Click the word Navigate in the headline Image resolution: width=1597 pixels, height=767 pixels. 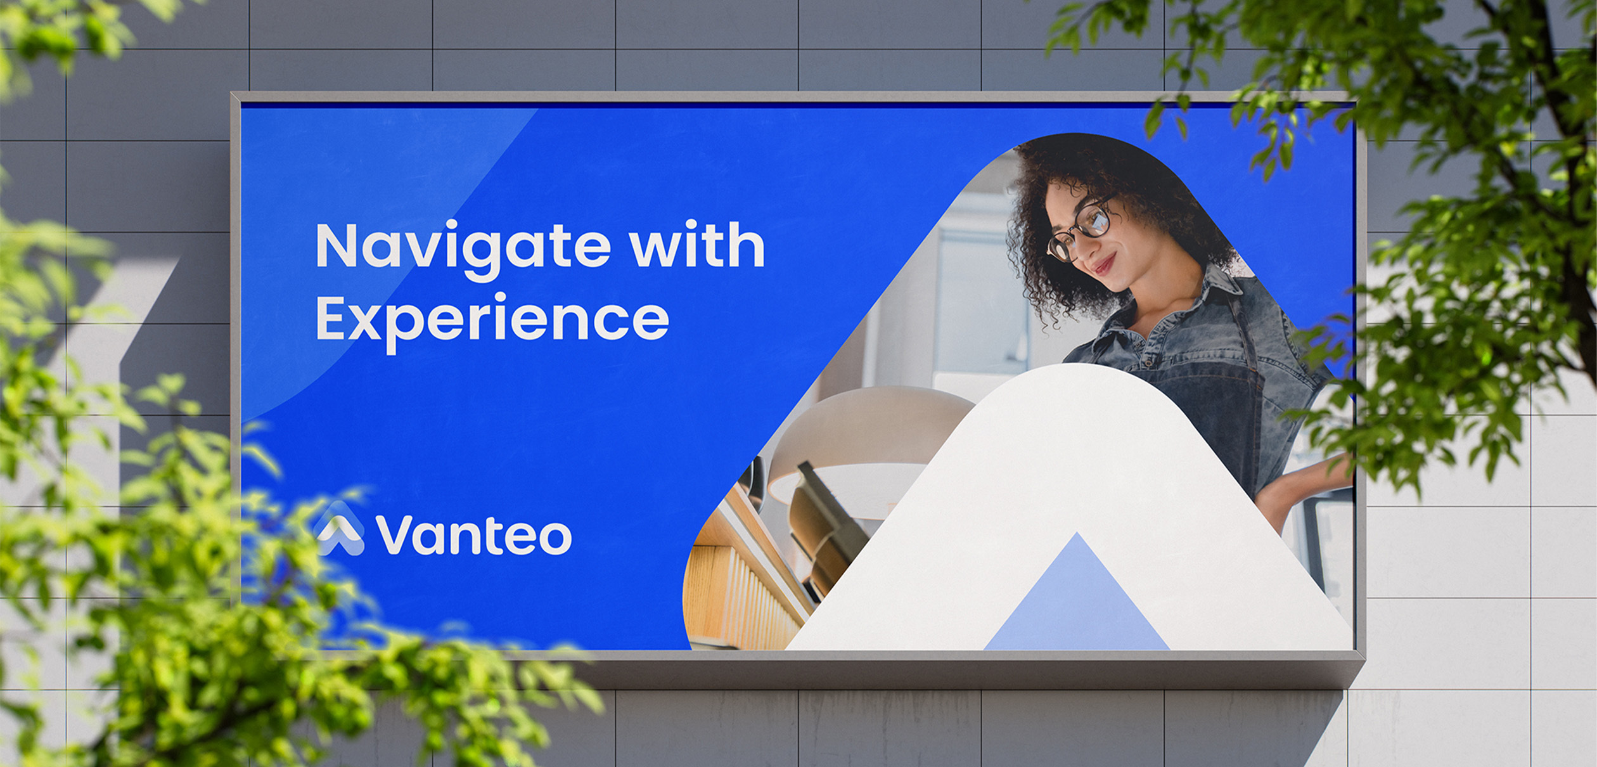pos(463,250)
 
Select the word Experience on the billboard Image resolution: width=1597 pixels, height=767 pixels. pos(492,322)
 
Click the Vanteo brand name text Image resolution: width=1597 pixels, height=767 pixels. pos(473,536)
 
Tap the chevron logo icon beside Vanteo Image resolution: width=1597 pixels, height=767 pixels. pos(340,530)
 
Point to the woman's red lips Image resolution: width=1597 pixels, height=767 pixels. pos(1105,263)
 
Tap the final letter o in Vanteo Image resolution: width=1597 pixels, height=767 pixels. pos(555,538)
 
